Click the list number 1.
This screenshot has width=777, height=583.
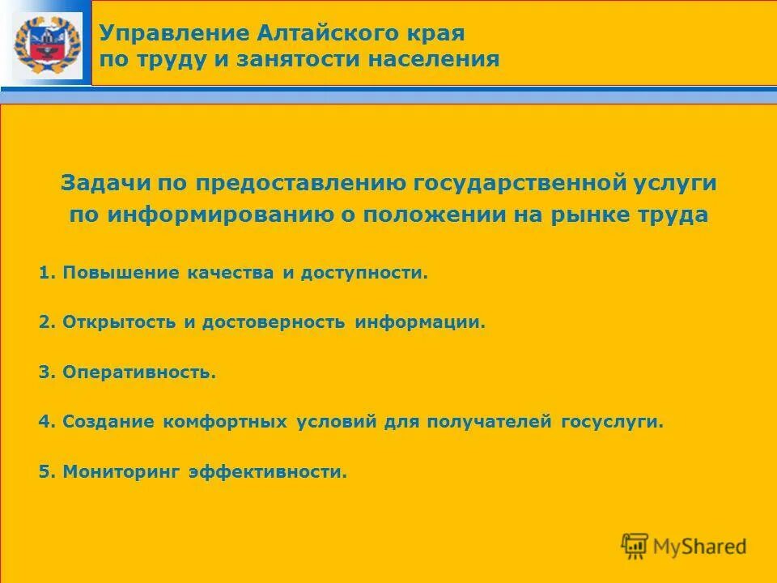tap(45, 273)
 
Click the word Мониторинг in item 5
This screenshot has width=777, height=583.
tap(122, 471)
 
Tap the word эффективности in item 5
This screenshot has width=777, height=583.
tap(267, 471)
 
